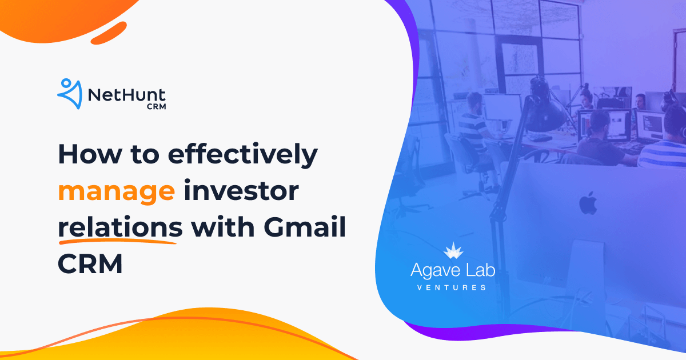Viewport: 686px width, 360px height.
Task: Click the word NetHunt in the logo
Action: (127, 93)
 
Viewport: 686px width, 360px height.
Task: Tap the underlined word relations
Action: (120, 228)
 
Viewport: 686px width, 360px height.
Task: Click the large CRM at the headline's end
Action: (90, 264)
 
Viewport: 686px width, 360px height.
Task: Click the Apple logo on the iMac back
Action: (587, 203)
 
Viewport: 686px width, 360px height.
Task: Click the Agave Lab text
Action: (452, 271)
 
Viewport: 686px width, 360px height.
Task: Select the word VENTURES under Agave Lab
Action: (452, 287)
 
